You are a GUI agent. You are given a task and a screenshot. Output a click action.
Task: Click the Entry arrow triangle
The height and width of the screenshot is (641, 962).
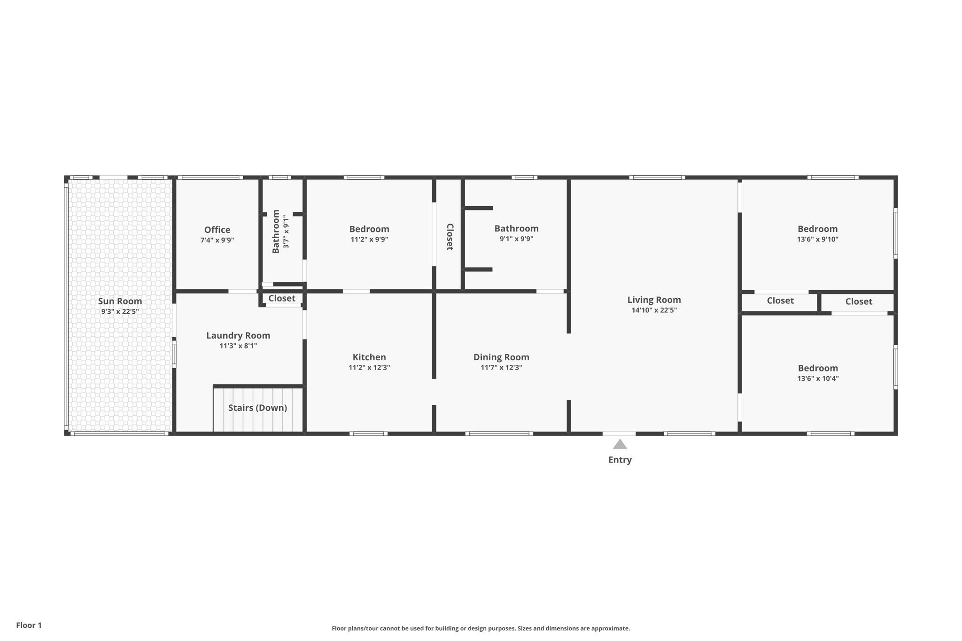[x=620, y=444]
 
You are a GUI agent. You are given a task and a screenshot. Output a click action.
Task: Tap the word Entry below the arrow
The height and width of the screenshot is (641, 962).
[x=620, y=460]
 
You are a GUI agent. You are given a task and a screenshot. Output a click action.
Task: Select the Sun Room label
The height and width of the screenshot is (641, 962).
[x=120, y=301]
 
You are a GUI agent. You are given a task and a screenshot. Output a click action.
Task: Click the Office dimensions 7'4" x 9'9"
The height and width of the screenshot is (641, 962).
[x=217, y=240]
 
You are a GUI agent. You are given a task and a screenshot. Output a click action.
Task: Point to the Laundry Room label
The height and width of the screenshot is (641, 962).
[x=238, y=336]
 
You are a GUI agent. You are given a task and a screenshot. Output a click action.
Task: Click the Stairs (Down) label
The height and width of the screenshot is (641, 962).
[x=257, y=408]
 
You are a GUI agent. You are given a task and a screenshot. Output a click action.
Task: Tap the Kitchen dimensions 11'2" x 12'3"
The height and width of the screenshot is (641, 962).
[x=369, y=368]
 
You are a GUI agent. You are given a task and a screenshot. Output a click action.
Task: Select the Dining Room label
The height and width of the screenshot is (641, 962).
[x=501, y=357]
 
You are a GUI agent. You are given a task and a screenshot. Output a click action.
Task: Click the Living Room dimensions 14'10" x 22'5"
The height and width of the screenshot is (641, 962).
[x=654, y=310]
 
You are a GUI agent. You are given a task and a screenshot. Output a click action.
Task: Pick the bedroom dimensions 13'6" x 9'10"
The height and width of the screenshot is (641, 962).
[x=817, y=239]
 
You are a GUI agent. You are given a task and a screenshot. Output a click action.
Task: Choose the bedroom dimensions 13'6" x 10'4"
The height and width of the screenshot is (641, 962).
[x=818, y=378]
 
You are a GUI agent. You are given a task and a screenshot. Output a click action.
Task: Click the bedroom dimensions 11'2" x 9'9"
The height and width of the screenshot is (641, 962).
[x=369, y=239]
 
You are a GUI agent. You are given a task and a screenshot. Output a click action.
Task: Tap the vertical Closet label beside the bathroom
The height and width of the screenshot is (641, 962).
[x=450, y=237]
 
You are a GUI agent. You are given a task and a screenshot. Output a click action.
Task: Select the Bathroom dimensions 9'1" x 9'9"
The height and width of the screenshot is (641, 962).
[x=516, y=239]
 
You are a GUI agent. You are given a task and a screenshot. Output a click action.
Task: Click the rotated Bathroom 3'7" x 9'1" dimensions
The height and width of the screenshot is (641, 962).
[x=286, y=232]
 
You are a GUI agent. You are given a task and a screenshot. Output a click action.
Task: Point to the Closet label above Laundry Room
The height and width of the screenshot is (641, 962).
[x=282, y=298]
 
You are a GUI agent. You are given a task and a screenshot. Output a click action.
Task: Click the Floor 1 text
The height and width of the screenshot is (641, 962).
[x=29, y=625]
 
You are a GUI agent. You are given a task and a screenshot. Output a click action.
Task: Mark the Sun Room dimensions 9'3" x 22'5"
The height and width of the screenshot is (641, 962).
[x=120, y=311]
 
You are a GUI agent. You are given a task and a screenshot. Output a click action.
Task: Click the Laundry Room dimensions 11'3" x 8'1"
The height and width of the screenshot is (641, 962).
[x=238, y=346]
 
